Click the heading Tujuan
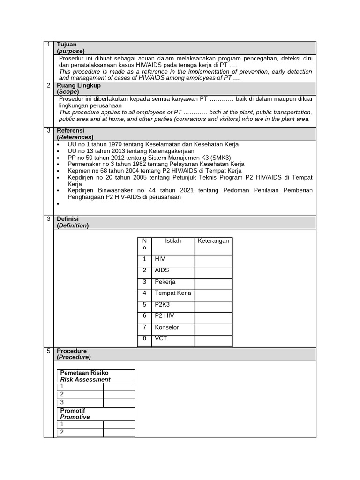[x=67, y=45]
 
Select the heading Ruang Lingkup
[x=78, y=86]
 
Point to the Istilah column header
[x=173, y=241]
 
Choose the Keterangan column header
[x=213, y=241]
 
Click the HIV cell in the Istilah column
[x=160, y=259]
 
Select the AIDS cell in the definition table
[x=162, y=270]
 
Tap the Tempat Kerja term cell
[x=173, y=293]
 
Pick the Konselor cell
[x=167, y=327]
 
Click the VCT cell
[x=161, y=338]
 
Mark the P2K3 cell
[x=162, y=305]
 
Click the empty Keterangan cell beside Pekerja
[x=213, y=282]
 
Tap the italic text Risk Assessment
[x=85, y=379]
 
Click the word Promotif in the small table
[x=73, y=411]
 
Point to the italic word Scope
[x=68, y=92]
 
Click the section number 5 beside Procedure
[x=49, y=351]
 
